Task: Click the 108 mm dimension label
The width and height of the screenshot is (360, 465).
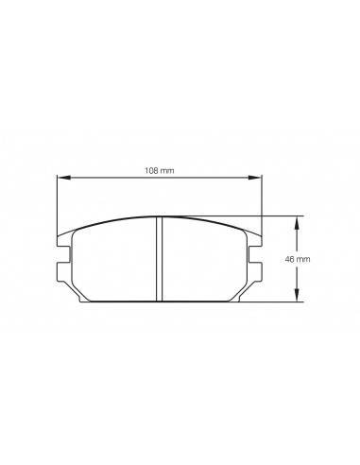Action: tap(159, 170)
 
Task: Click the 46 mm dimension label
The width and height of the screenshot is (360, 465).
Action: tap(323, 258)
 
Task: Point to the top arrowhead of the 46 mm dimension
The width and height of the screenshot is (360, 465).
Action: tap(299, 221)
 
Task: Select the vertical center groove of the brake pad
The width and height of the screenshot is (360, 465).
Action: tap(159, 259)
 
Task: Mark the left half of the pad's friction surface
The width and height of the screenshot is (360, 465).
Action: tap(113, 261)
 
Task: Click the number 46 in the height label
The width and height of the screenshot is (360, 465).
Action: tap(317, 258)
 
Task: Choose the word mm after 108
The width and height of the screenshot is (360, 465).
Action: tap(168, 170)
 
